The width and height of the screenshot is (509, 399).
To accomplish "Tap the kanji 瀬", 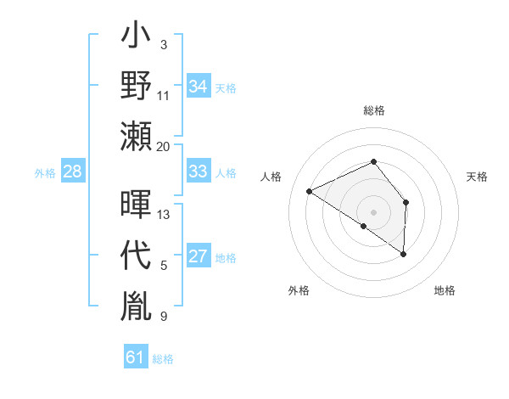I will (x=137, y=136).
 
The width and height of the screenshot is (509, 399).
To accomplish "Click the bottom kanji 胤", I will (x=137, y=303).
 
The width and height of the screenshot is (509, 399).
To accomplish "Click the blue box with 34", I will (x=198, y=87).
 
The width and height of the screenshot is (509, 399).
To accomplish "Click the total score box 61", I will (x=135, y=358).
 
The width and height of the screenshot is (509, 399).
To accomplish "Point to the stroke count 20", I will (x=164, y=147).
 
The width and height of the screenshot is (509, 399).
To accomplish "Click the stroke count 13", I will (x=164, y=215).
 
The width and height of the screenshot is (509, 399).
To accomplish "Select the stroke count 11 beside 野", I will (x=164, y=96).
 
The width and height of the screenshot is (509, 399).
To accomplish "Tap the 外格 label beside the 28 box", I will (x=45, y=173).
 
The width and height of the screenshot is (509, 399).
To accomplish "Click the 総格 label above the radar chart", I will (x=373, y=110).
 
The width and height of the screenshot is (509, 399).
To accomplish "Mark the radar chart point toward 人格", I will (x=310, y=192).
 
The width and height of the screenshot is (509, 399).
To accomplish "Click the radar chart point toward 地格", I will (x=404, y=254).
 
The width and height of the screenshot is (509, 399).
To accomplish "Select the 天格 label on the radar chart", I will (x=478, y=177).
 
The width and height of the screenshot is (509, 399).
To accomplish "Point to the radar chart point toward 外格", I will (x=364, y=227).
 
